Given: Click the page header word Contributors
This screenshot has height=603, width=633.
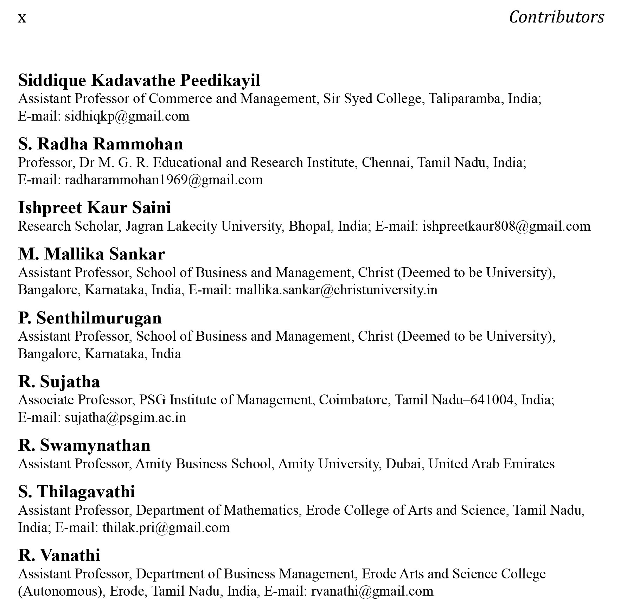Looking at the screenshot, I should coord(556,17).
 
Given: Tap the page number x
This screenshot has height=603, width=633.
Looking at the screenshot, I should coord(22,18).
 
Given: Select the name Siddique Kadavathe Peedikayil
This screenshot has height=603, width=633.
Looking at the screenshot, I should coord(139,80).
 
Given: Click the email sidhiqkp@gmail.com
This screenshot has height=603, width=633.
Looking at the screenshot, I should coord(127,116).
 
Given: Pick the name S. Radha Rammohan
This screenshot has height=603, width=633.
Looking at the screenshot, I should coord(101,144).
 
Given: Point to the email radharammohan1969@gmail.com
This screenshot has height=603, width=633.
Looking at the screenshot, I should coord(164,180).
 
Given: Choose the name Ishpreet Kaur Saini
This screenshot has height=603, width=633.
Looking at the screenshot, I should coord(95,207).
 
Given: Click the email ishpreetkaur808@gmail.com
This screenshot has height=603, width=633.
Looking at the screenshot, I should coord(506,226).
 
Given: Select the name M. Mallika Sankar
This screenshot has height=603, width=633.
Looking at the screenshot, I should coord(91,254).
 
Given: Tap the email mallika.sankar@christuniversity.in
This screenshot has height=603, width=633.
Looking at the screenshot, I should coord(337,290).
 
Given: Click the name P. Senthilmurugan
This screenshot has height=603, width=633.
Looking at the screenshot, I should coord(90,318).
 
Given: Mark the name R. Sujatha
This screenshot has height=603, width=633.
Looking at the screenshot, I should coord(59,381).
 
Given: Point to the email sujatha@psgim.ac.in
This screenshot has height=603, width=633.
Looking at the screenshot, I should coord(125,417).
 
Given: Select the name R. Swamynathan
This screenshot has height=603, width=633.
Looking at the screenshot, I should coord(84,445).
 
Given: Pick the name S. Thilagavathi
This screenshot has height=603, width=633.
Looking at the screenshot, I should coord(77,492).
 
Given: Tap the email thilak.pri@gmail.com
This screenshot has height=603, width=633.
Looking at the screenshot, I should coord(166,527).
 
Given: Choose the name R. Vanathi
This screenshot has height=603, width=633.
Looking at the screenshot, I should coord(59,555).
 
